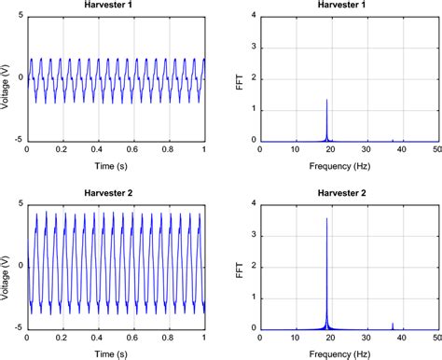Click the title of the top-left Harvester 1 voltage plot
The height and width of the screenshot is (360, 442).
[116, 7]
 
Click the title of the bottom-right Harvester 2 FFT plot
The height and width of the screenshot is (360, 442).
[351, 193]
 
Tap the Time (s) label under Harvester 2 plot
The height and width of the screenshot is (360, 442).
[116, 352]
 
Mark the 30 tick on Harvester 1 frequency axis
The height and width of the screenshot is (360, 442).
[367, 150]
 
